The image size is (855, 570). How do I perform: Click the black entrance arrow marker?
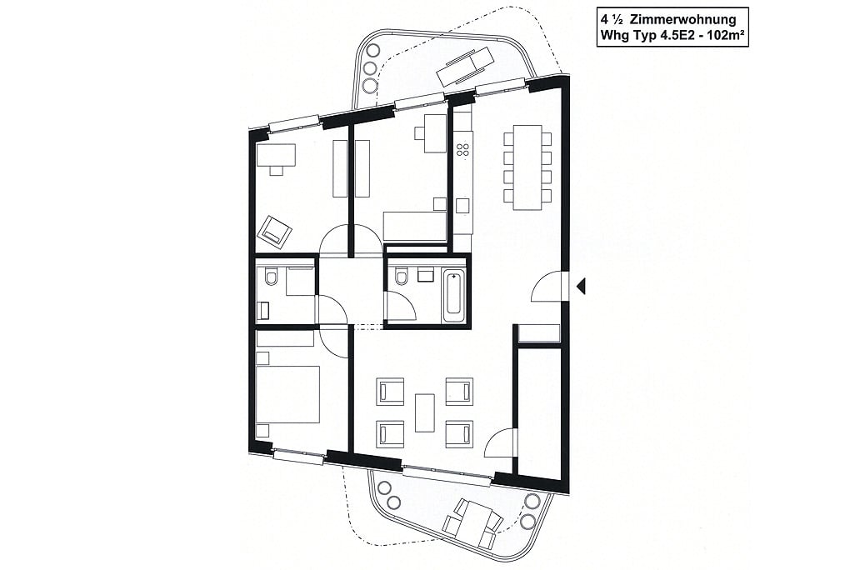[582, 286]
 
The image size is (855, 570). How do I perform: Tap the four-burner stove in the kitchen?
[463, 149]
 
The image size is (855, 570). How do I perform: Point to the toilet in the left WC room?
[271, 277]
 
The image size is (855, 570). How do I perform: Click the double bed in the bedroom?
[287, 394]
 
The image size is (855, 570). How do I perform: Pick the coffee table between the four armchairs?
[425, 412]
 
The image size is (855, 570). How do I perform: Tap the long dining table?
[527, 167]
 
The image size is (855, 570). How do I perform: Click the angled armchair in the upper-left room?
[275, 232]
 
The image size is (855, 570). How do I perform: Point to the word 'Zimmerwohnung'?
[683, 20]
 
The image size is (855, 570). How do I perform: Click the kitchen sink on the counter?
[462, 206]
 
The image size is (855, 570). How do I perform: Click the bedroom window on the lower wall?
[299, 456]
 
